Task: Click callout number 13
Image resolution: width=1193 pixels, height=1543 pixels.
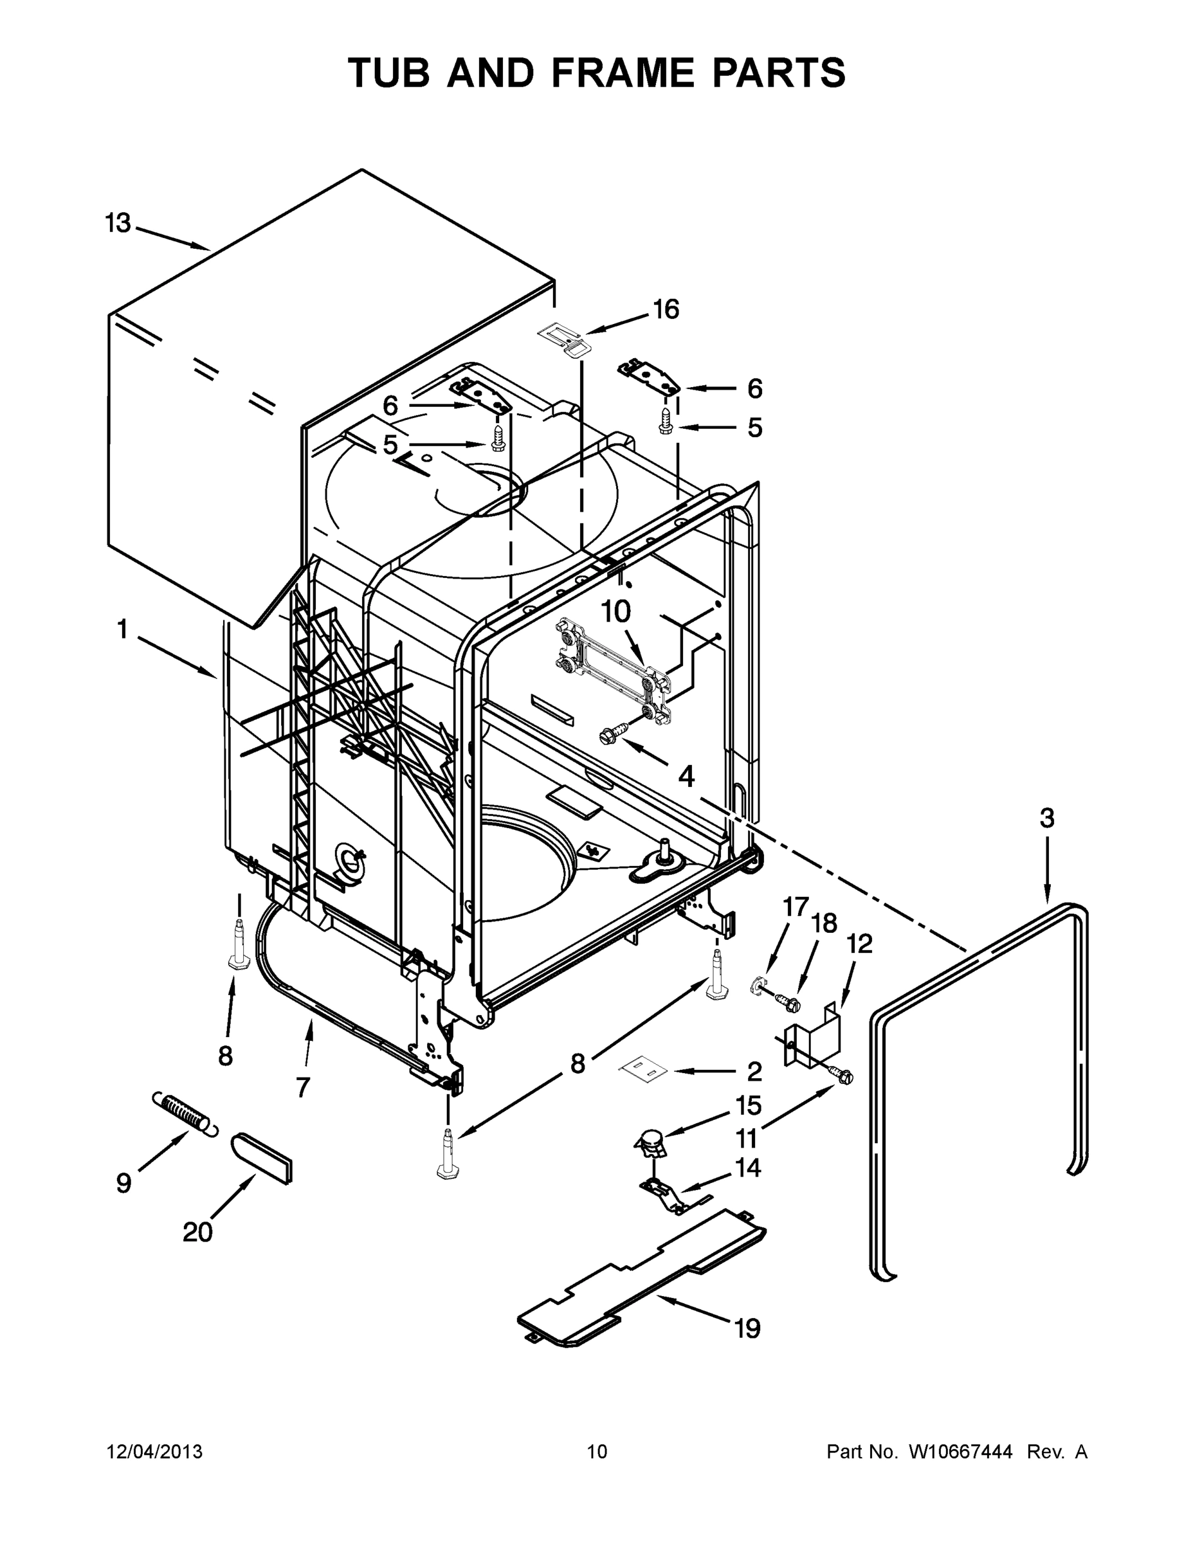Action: [x=118, y=223]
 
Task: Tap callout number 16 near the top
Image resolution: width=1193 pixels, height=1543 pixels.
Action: [x=665, y=309]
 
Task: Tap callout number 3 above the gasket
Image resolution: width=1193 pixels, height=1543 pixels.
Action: [x=1047, y=818]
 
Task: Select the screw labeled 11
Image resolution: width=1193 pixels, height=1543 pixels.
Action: [x=843, y=1077]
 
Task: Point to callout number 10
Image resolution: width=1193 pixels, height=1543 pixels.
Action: [x=615, y=612]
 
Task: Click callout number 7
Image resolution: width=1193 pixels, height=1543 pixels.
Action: [x=302, y=1087]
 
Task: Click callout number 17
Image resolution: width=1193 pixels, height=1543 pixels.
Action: [x=795, y=907]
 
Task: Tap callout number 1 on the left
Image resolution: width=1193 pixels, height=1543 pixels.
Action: [x=122, y=628]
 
